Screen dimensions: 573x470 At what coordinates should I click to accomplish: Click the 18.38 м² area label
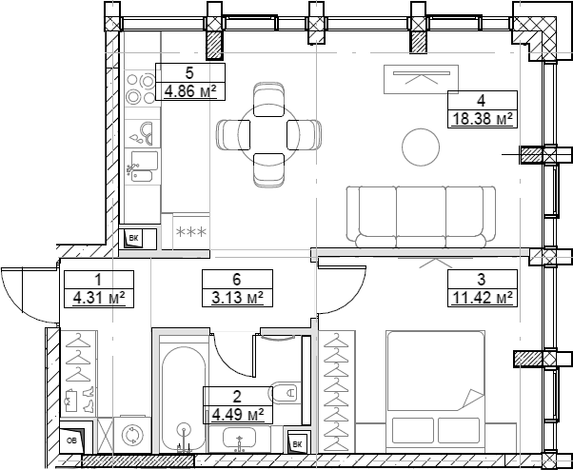pyautogui.click(x=483, y=119)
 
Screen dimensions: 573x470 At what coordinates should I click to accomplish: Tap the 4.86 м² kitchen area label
pyautogui.click(x=190, y=91)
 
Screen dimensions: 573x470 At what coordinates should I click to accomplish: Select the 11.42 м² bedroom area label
pyautogui.click(x=483, y=298)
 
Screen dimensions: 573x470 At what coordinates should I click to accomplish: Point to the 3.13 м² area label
pyautogui.click(x=238, y=298)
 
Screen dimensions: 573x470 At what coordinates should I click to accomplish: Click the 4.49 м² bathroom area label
pyautogui.click(x=238, y=415)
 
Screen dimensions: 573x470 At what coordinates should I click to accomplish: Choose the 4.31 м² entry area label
pyautogui.click(x=99, y=298)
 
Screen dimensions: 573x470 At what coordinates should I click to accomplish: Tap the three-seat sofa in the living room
pyautogui.click(x=421, y=217)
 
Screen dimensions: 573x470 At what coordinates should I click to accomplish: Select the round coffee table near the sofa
pyautogui.click(x=421, y=147)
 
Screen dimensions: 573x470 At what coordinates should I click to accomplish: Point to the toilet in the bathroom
pyautogui.click(x=285, y=393)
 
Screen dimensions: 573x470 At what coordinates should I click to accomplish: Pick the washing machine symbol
pyautogui.click(x=132, y=434)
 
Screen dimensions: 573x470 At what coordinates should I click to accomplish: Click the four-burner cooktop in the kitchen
pyautogui.click(x=141, y=88)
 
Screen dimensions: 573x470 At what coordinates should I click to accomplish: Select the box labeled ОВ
pyautogui.click(x=72, y=441)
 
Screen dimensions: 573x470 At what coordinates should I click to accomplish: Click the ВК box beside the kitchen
pyautogui.click(x=134, y=239)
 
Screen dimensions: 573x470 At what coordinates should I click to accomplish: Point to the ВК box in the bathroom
pyautogui.click(x=298, y=444)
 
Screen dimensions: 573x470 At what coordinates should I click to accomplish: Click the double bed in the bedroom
pyautogui.click(x=436, y=391)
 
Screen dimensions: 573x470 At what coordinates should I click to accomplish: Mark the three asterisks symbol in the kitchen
pyautogui.click(x=191, y=231)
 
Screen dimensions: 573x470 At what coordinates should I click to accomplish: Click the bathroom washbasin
pyautogui.click(x=239, y=439)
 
